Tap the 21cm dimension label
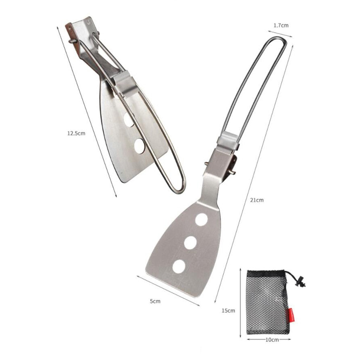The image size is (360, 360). [257, 200]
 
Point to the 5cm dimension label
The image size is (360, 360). [155, 301]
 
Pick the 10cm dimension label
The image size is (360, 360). [269, 340]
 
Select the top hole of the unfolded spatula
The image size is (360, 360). [201, 219]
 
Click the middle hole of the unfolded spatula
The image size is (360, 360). [190, 243]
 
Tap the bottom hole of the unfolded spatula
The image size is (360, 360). [179, 267]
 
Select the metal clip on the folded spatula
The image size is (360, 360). [125, 83]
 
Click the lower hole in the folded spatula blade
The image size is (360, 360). [140, 146]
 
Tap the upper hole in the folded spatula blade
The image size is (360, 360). [129, 120]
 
